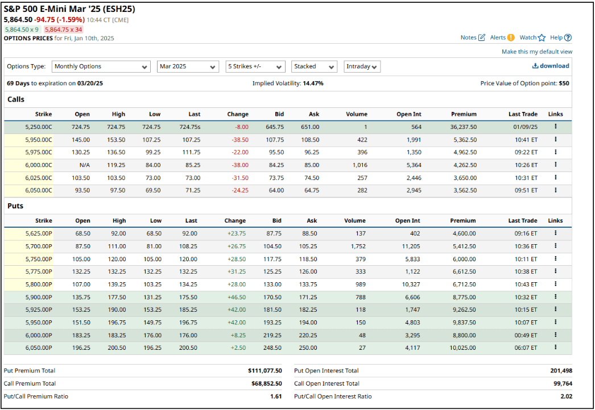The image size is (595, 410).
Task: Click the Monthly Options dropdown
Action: (101, 66)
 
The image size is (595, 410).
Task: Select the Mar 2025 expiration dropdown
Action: (188, 66)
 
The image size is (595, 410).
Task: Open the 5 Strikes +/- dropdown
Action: (255, 66)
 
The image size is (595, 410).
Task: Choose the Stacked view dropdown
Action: (314, 66)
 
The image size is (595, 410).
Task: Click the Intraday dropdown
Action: (362, 66)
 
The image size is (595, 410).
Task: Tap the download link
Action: (550, 66)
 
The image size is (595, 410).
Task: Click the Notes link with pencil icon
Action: (473, 37)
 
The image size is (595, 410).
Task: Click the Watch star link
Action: (532, 37)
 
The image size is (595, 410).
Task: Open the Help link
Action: (560, 37)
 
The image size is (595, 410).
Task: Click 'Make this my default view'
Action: (536, 52)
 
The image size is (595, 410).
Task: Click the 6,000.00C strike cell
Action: (38, 165)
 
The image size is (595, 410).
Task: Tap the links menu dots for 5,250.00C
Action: (555, 127)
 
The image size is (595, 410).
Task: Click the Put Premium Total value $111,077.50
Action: (265, 371)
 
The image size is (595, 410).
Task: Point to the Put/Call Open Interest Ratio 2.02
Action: (566, 396)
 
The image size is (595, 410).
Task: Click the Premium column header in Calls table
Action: (464, 114)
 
